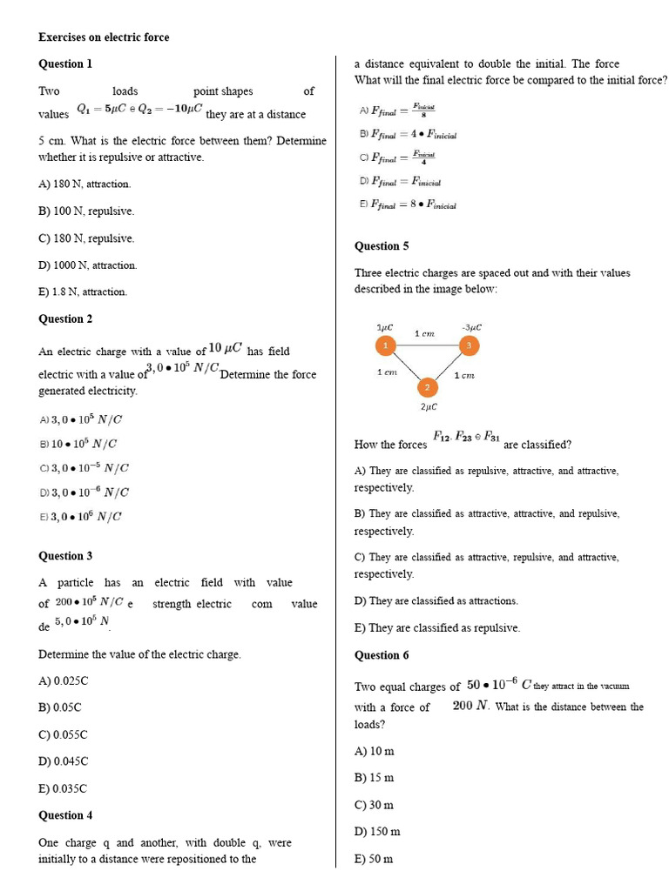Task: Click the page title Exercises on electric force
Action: [104, 37]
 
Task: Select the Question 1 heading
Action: [65, 64]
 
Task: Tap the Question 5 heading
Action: [382, 246]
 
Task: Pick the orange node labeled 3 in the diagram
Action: [469, 346]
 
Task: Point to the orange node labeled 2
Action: [427, 387]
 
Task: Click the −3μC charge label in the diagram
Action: [471, 327]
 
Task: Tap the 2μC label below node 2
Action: [429, 406]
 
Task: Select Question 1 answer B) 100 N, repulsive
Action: [86, 211]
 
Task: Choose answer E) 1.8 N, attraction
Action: [83, 291]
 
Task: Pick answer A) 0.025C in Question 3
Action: [64, 680]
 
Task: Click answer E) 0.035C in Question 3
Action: [64, 788]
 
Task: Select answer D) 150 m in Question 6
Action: [377, 832]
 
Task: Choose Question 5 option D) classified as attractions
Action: [436, 601]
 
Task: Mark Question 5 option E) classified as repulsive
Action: [436, 628]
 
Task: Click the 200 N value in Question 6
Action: [470, 706]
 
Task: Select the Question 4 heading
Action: [65, 815]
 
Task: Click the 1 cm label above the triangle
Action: [424, 333]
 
